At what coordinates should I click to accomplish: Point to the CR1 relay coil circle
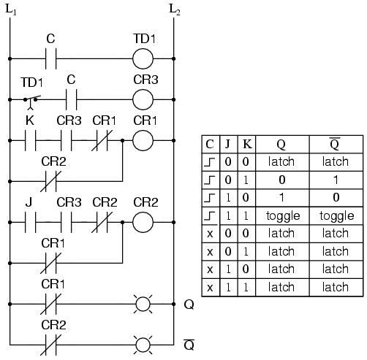coord(144,139)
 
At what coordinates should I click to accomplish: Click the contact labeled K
coord(31,139)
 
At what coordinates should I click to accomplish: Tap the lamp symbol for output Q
coord(144,301)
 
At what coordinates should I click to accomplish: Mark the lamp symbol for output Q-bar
coord(144,342)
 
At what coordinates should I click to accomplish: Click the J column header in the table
coord(227,144)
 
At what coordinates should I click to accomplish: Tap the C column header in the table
coord(209,144)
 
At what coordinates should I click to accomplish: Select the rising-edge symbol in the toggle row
coord(209,217)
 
